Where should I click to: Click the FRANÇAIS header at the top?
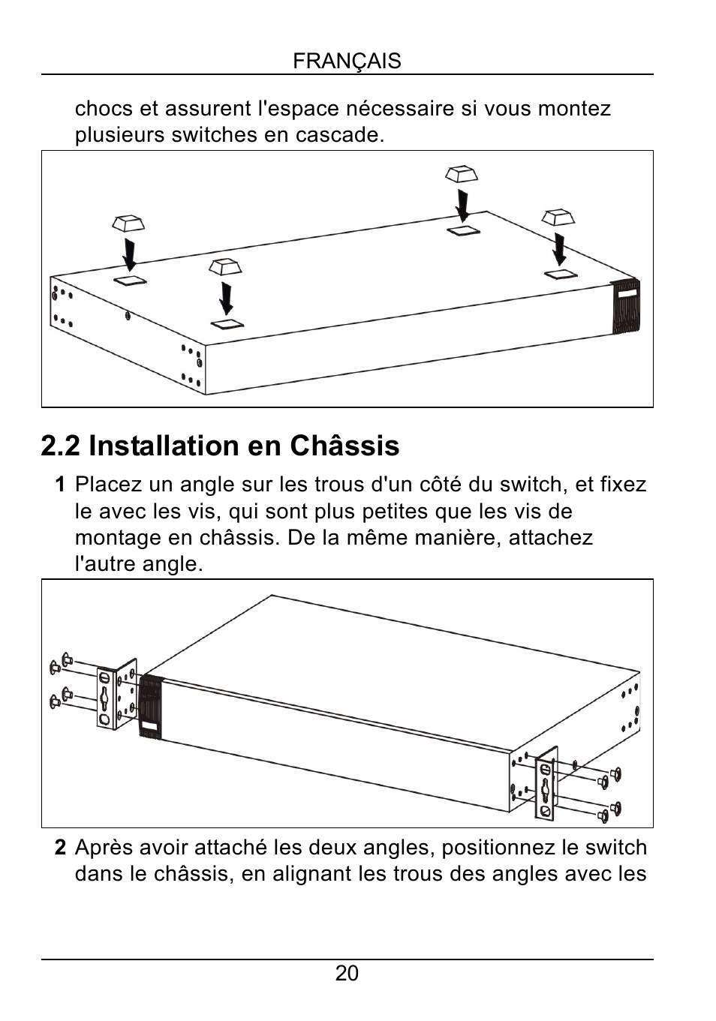347,61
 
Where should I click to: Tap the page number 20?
347,973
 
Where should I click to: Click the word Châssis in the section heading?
344,446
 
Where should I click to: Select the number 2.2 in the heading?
61,446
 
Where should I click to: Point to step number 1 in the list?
60,485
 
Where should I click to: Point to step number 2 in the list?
60,848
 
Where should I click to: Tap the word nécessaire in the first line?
401,109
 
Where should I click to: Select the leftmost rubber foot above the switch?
128,223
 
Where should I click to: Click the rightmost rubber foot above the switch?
558,218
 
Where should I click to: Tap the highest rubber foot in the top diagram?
461,174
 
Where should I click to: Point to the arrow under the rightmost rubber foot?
559,249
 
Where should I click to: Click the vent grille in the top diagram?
626,306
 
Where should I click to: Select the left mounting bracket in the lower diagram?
116,695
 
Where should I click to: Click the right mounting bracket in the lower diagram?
546,782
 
